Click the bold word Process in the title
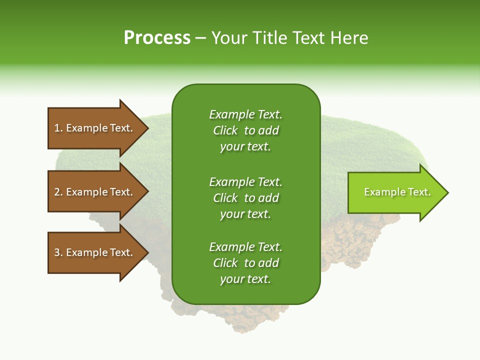157,38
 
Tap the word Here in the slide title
349,38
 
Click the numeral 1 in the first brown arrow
57,128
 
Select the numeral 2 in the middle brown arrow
57,192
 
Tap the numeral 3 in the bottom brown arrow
57,252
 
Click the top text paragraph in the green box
245,130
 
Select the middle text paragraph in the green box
245,198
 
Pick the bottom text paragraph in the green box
245,263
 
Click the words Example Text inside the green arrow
397,192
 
